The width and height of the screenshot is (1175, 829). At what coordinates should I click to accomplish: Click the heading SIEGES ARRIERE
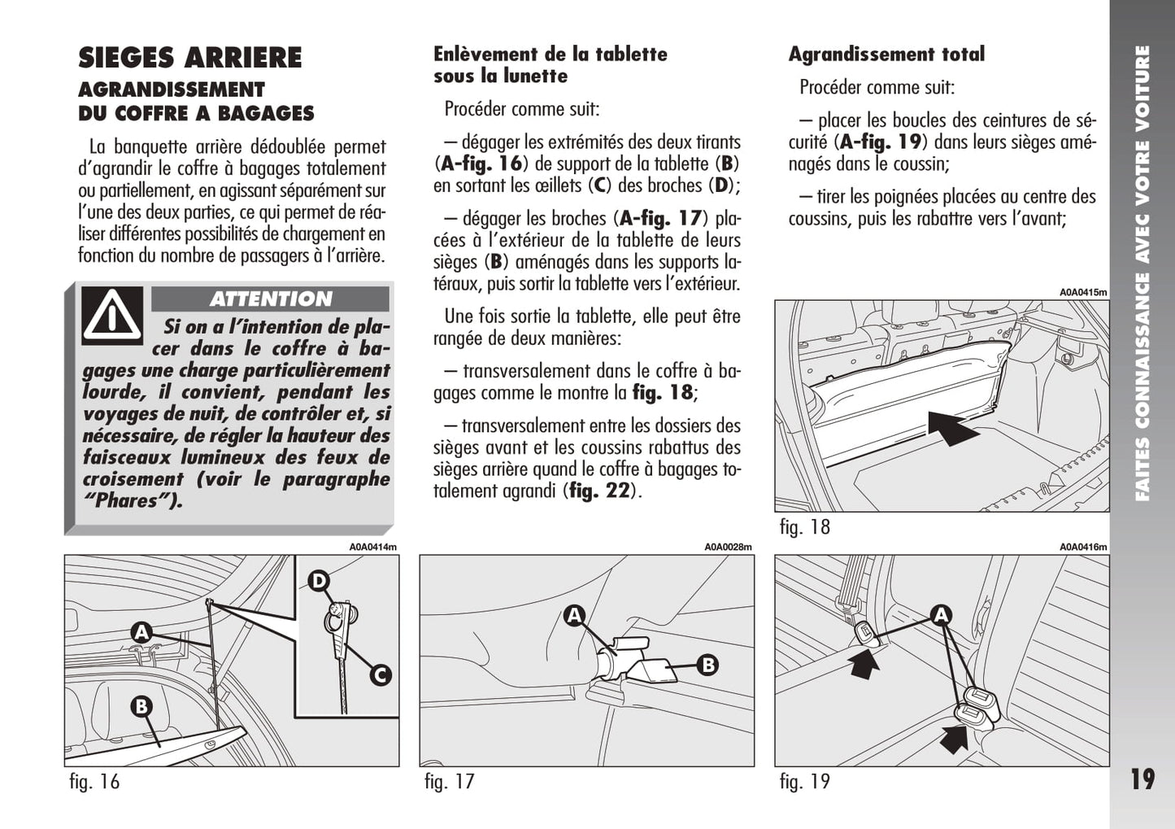[189, 58]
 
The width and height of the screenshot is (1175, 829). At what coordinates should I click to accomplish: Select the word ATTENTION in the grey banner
[271, 299]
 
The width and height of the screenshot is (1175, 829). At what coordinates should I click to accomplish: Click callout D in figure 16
[319, 580]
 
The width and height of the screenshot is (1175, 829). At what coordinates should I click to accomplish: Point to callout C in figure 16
[380, 674]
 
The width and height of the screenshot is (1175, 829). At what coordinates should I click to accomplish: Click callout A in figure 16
[141, 631]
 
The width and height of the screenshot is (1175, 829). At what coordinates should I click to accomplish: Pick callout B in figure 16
[141, 706]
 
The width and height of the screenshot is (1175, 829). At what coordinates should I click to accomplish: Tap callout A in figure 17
[575, 616]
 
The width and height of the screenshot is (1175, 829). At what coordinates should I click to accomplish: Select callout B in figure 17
[708, 665]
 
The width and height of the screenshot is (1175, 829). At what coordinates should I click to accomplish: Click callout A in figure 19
[941, 615]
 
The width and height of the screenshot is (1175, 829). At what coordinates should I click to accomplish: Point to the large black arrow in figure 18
[954, 427]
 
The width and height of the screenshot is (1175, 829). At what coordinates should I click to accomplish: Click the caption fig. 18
[804, 527]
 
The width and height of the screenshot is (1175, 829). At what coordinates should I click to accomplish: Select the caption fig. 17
[449, 782]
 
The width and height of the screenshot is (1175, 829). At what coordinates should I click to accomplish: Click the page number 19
[1142, 779]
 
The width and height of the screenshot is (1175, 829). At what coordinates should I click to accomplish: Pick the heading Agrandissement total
[886, 55]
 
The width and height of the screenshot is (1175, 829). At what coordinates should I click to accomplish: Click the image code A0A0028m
[729, 548]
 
